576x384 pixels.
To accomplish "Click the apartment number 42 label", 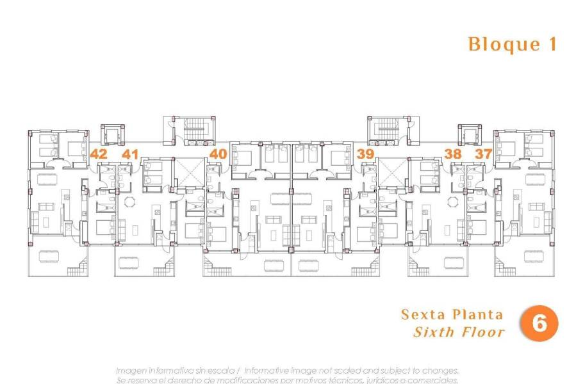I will tap(99, 154).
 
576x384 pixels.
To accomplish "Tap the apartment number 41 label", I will tap(130, 154).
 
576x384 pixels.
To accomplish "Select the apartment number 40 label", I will tap(218, 154).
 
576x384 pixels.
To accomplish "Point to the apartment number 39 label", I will tap(366, 154).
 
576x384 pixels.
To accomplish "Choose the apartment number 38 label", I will tap(452, 154).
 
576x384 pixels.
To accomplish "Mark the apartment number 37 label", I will tap(483, 154).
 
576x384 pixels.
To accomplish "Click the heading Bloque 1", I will tap(512, 44).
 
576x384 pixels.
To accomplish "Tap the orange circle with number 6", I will tap(538, 323).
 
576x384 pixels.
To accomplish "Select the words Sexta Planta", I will tap(452, 315).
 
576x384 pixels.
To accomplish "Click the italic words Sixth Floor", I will tap(459, 332).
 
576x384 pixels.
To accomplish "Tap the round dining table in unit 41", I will tap(129, 202).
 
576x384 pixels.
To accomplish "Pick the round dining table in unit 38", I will tap(453, 202).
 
